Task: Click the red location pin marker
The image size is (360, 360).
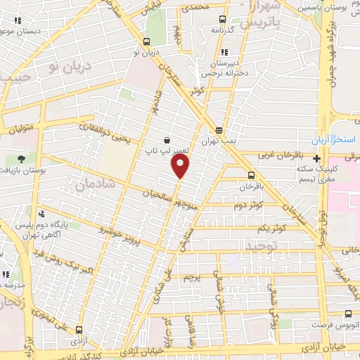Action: (x=181, y=165)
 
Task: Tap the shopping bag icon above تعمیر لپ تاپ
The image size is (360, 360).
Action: (x=166, y=139)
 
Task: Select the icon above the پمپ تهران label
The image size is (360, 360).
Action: (x=219, y=130)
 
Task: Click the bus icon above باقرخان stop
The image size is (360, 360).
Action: (x=251, y=176)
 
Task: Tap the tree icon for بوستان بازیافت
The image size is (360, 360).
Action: (x=20, y=158)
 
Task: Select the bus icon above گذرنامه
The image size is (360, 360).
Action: (x=222, y=20)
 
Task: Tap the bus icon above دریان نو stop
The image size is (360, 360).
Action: (x=147, y=41)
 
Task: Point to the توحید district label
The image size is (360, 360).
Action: (x=262, y=245)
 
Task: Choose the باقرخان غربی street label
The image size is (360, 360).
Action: (x=281, y=154)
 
